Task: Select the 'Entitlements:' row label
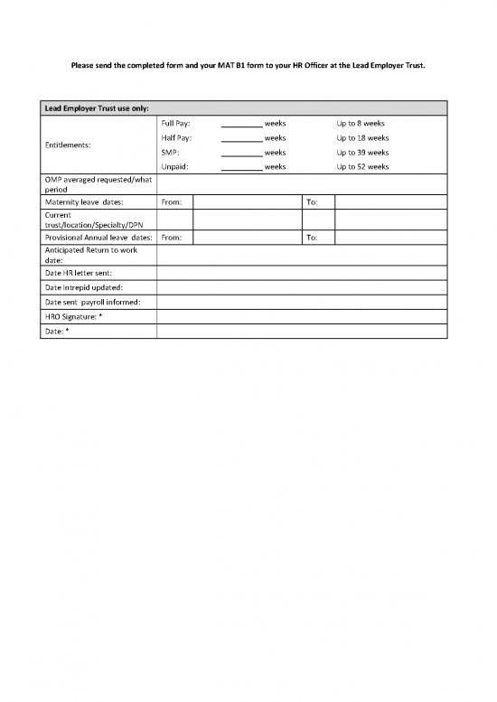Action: [72, 145]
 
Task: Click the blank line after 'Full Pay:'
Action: [241, 124]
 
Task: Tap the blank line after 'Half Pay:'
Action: [241, 138]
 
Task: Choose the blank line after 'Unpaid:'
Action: [241, 167]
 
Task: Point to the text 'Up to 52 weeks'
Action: [362, 166]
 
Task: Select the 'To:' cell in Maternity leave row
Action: [312, 202]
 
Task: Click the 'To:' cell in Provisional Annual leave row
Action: [312, 238]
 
